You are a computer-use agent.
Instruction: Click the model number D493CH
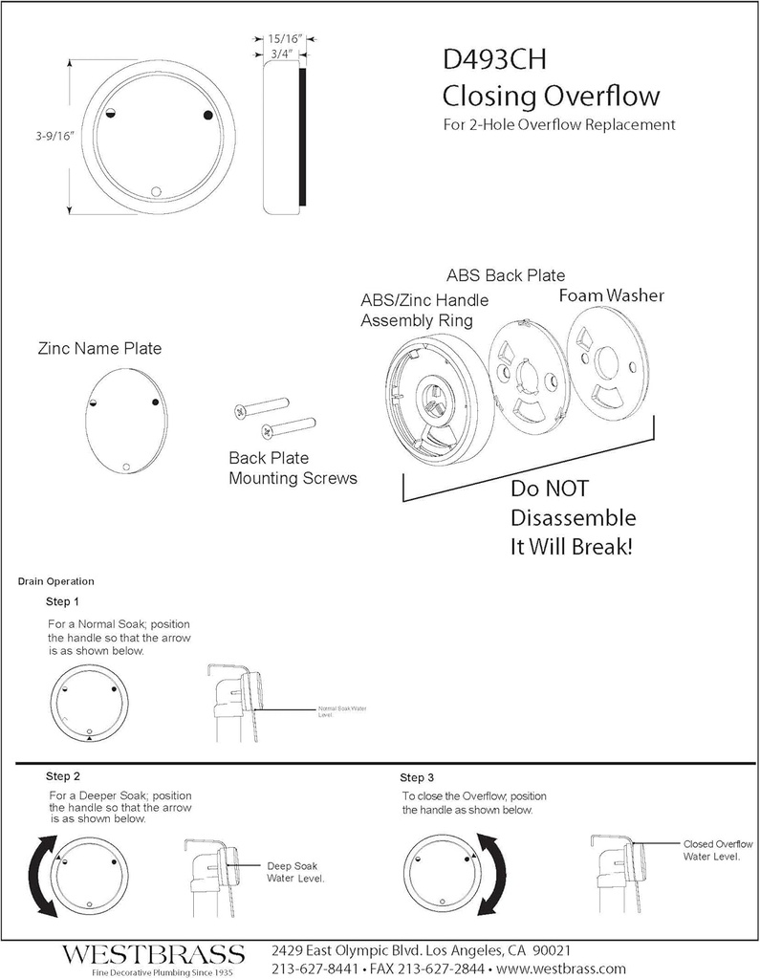point(494,61)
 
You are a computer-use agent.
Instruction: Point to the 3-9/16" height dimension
point(50,137)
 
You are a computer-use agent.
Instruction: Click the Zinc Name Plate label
point(99,349)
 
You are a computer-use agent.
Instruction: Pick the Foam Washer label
point(611,295)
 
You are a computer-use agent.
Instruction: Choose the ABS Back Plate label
point(505,276)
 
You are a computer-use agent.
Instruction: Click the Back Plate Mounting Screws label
point(292,468)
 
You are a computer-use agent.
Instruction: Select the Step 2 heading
point(63,774)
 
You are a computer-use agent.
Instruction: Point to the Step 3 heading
point(417,777)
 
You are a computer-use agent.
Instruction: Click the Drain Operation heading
point(55,581)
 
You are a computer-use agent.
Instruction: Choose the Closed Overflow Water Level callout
point(717,851)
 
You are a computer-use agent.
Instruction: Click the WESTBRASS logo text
point(154,954)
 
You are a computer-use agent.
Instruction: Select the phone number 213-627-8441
point(315,968)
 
